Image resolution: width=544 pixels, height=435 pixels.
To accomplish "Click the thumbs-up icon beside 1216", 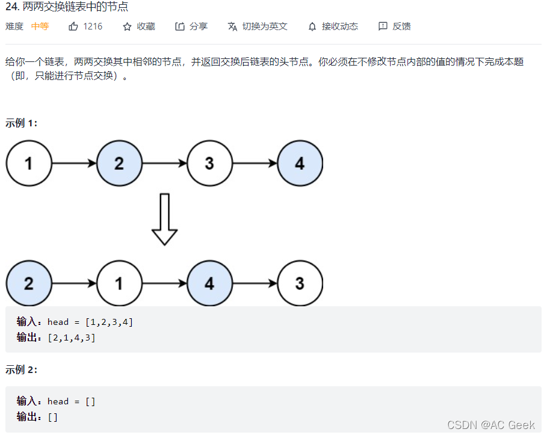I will [73, 26].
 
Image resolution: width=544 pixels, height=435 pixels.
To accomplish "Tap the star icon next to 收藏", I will [127, 26].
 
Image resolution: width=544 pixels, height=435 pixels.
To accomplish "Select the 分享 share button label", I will [198, 26].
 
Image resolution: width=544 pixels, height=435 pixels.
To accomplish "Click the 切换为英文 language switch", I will [264, 26].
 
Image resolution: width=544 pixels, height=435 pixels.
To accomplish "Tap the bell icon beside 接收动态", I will [312, 26].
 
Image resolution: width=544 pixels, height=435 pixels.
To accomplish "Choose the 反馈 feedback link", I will [401, 26].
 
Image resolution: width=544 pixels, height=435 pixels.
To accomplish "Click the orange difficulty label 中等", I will [40, 26].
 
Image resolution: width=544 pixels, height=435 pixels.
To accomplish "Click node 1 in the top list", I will [29, 163].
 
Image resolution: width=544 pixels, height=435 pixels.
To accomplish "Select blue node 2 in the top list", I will [119, 163].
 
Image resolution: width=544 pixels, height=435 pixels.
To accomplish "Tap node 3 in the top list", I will [209, 163].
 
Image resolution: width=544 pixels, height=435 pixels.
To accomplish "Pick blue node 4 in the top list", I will [300, 163].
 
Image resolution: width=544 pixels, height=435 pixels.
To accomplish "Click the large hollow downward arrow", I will [164, 219].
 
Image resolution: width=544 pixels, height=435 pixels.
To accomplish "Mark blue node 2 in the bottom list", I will [29, 283].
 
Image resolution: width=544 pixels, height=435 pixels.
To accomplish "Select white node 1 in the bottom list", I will [119, 283].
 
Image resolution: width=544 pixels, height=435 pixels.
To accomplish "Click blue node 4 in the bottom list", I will [209, 283].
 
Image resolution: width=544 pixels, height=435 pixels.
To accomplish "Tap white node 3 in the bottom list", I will [300, 283].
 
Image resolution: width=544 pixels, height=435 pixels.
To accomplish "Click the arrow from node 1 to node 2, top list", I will [74, 163].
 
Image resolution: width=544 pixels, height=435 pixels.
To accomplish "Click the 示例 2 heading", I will [22, 370].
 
